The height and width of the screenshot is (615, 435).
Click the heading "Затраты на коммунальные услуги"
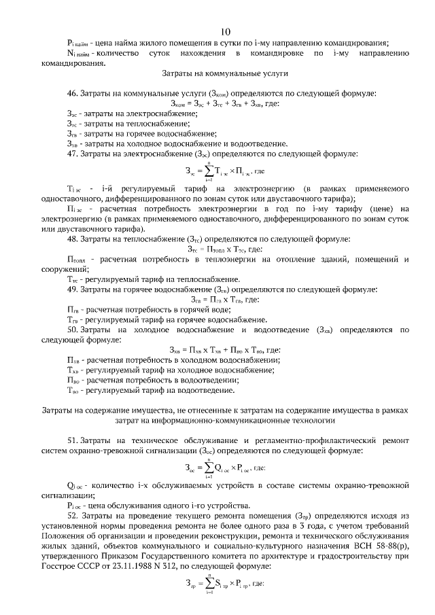pos(226,72)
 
